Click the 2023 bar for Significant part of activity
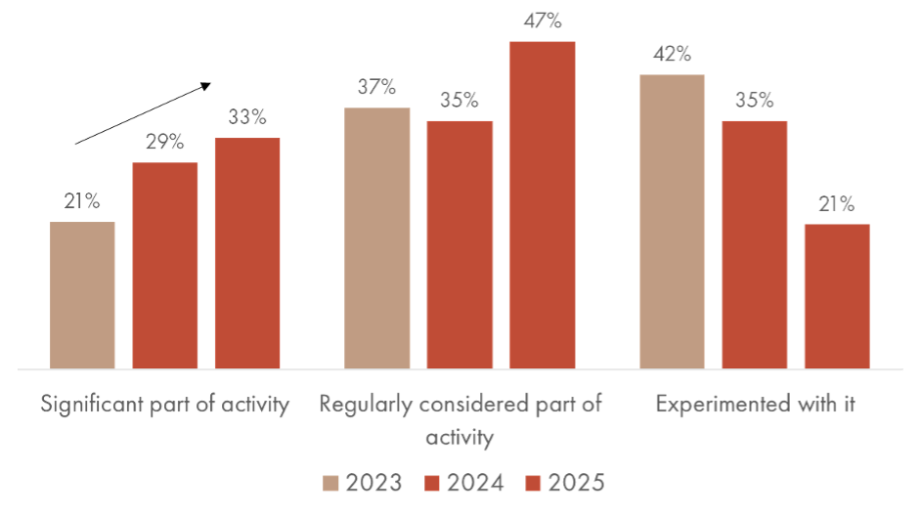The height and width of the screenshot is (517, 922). [x=82, y=295]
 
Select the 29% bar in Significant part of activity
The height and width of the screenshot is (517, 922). [x=165, y=265]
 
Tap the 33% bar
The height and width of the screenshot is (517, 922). [x=247, y=253]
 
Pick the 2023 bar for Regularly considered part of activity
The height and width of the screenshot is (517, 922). [x=378, y=237]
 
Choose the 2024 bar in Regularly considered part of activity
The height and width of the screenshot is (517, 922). [x=460, y=244]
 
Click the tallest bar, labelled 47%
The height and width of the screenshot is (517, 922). [x=542, y=205]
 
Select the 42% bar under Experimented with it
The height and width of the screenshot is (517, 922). [x=672, y=221]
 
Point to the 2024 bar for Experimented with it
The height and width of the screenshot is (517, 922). [x=755, y=244]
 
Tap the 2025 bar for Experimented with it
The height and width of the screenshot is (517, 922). [x=837, y=296]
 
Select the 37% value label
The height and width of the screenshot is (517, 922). [x=377, y=88]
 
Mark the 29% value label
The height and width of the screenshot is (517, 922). [x=165, y=143]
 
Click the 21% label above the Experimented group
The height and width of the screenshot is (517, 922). [x=837, y=204]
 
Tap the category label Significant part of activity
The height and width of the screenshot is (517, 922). [x=165, y=406]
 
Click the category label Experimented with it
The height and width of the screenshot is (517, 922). [x=755, y=406]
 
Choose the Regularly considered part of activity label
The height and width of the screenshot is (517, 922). [x=461, y=420]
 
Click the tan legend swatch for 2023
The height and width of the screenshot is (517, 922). [x=331, y=484]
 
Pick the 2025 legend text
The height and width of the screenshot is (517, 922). [x=577, y=484]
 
